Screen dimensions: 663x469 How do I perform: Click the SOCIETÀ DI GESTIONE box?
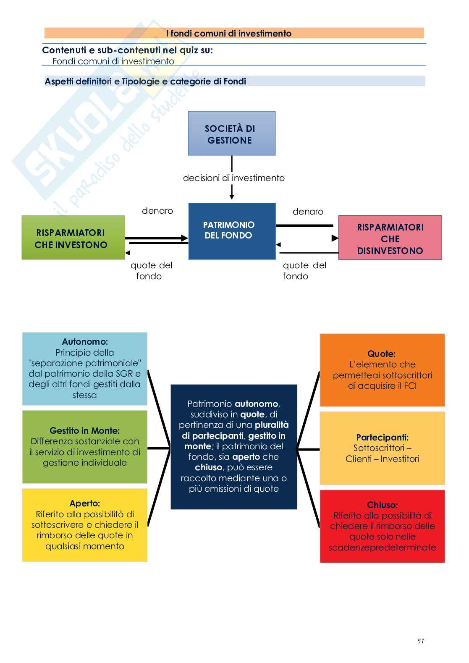click(231, 134)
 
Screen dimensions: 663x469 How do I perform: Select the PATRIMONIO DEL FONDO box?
click(232, 231)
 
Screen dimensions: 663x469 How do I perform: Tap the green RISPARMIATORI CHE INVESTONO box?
click(73, 238)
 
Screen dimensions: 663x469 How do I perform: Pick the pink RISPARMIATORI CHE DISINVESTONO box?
click(390, 238)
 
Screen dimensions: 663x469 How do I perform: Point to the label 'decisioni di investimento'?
click(233, 178)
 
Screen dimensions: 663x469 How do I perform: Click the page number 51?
click(421, 641)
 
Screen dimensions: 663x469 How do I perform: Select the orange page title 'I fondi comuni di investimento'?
click(229, 34)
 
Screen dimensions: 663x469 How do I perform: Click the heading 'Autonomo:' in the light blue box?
click(85, 342)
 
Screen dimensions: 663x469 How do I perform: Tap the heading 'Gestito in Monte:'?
click(85, 430)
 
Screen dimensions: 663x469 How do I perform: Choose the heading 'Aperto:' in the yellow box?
click(85, 503)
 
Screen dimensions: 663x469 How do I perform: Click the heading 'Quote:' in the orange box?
click(382, 354)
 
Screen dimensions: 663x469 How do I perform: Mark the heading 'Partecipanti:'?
click(382, 437)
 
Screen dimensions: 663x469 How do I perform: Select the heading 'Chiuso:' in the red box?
click(382, 505)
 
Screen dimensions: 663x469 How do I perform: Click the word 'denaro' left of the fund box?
click(157, 211)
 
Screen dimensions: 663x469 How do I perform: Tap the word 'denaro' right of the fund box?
click(308, 212)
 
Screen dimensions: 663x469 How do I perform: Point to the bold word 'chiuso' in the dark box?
click(209, 467)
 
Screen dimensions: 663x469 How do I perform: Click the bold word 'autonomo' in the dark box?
click(256, 404)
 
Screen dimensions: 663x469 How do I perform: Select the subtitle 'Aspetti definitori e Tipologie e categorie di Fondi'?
click(145, 81)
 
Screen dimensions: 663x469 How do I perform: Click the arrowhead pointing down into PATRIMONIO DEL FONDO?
click(232, 197)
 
